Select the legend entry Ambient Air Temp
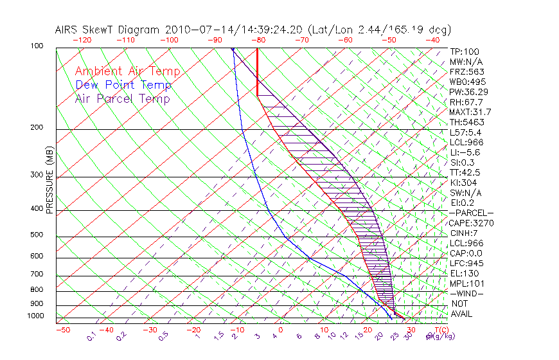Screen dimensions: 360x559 coord(127,71)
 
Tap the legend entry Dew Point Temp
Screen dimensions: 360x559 coord(123,85)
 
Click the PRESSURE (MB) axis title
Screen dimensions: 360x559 coord(49,179)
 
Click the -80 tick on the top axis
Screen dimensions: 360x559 coord(259,40)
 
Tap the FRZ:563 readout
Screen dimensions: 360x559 coord(466,71)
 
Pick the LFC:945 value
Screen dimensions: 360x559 coord(466,264)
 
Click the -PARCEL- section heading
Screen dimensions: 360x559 coord(471,213)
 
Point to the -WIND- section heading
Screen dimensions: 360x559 coord(466,293)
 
